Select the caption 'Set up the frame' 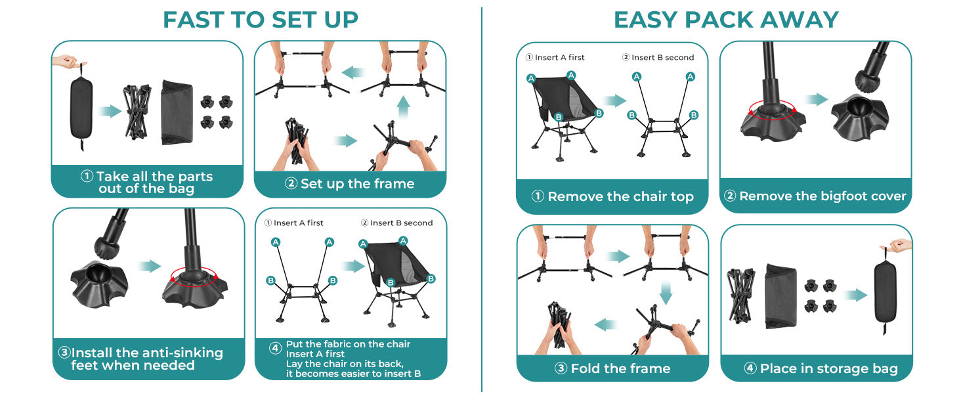[357, 184]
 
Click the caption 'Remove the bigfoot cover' [822, 196]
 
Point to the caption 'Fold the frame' [620, 368]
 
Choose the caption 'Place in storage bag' [828, 368]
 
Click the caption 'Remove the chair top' [620, 196]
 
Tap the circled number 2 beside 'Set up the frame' [291, 184]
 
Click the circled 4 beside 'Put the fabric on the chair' [275, 349]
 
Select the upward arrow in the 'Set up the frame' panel [403, 107]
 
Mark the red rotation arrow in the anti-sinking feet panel [194, 275]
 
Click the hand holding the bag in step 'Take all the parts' [68, 62]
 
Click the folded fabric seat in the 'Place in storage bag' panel [780, 295]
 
